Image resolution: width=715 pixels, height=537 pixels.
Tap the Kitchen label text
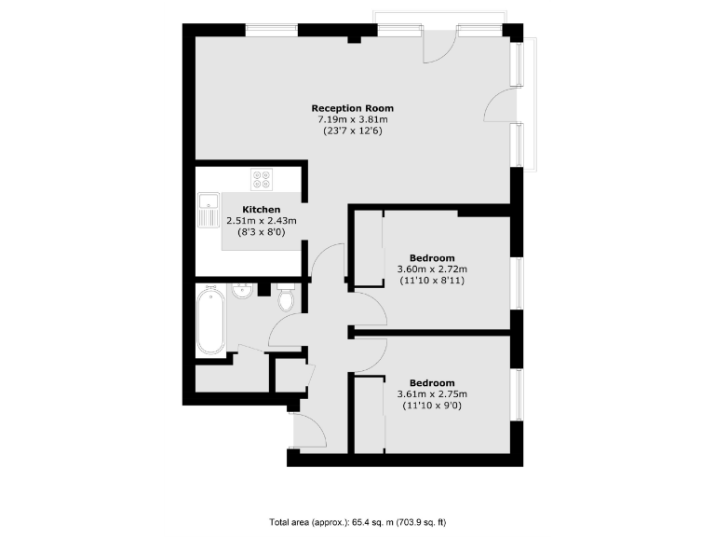[262, 209]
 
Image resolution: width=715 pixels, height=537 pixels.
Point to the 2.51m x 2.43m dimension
[262, 221]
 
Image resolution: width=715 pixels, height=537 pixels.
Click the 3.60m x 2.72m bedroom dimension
[432, 268]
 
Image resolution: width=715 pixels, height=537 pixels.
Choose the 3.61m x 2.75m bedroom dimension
[432, 394]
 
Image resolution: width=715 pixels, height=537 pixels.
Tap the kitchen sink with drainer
[207, 211]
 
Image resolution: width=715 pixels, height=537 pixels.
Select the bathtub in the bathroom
[210, 320]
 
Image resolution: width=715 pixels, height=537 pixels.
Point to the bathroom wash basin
[242, 290]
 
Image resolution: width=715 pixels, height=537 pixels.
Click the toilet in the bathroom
[286, 297]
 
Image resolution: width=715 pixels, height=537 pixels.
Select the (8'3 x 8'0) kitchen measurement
[262, 232]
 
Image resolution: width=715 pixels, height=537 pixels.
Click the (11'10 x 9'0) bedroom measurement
[432, 406]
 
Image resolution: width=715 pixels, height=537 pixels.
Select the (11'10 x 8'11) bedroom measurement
[432, 280]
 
